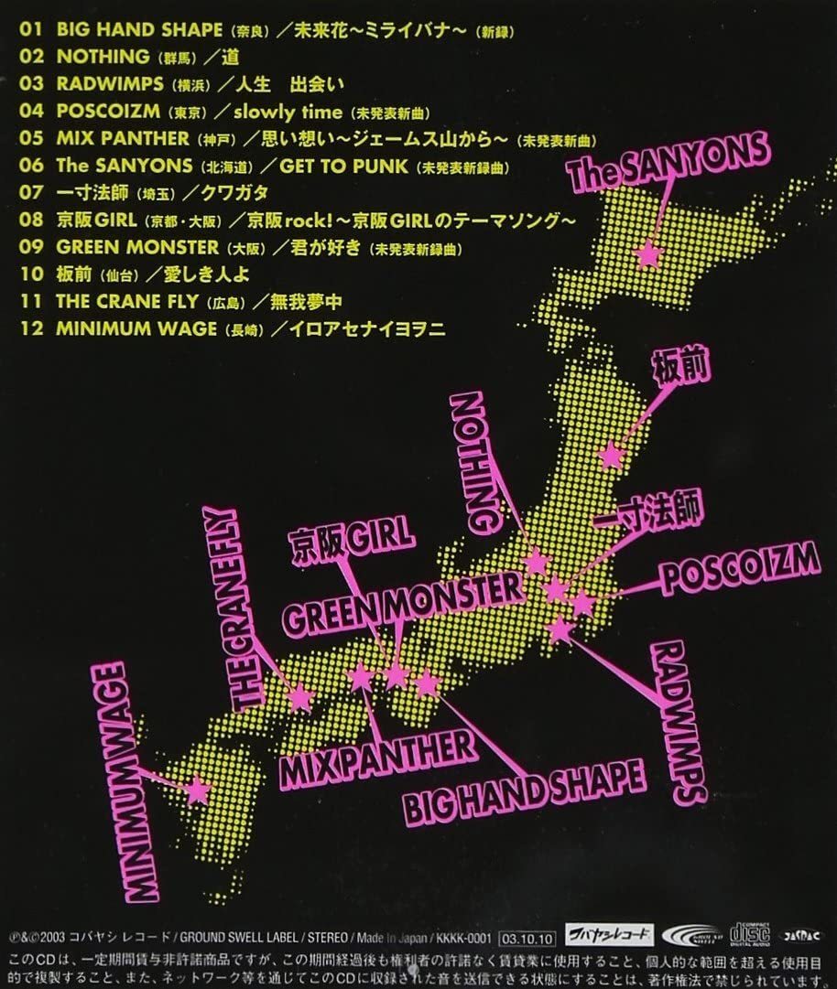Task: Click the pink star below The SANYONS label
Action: pyautogui.click(x=648, y=253)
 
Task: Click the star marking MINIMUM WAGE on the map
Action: pyautogui.click(x=197, y=789)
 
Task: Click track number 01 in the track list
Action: pyautogui.click(x=31, y=29)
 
